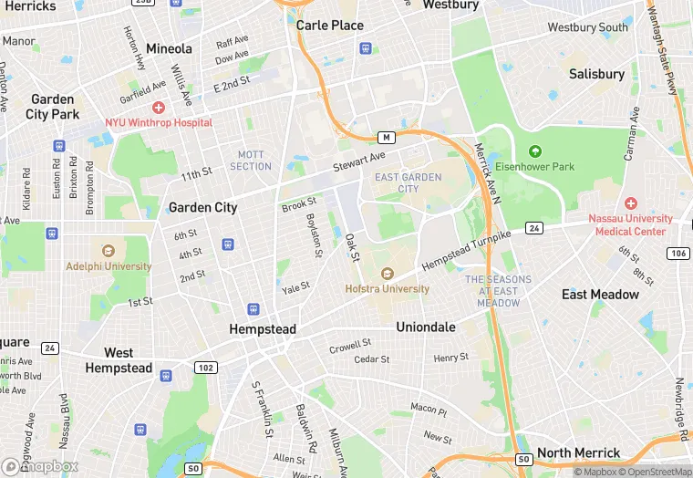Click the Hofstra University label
(387, 289)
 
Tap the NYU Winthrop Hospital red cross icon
(159, 108)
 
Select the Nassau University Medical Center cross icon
(630, 203)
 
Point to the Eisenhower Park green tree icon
(534, 151)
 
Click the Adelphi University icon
(109, 251)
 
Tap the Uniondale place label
(425, 327)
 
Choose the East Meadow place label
(600, 295)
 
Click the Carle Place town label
(329, 26)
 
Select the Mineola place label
(169, 48)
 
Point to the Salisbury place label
(596, 74)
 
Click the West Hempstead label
(119, 360)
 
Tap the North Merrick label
(578, 453)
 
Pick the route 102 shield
(205, 368)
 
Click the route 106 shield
(677, 253)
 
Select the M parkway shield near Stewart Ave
(387, 138)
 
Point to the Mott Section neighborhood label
(251, 161)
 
